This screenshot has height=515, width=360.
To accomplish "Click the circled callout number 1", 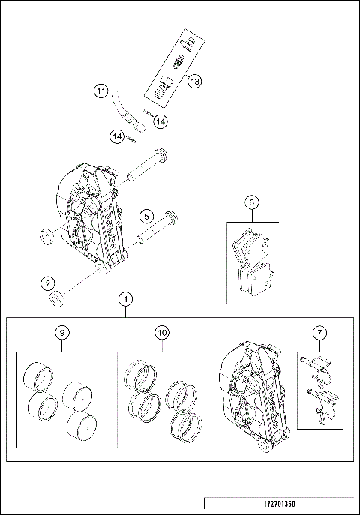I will click(x=126, y=299).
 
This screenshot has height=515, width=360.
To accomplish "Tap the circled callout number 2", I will click(x=49, y=283).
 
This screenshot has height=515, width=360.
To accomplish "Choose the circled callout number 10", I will click(x=162, y=331).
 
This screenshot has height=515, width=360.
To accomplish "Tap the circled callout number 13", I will click(x=194, y=82).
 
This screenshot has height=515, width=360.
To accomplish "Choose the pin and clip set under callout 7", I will click(x=319, y=390).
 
